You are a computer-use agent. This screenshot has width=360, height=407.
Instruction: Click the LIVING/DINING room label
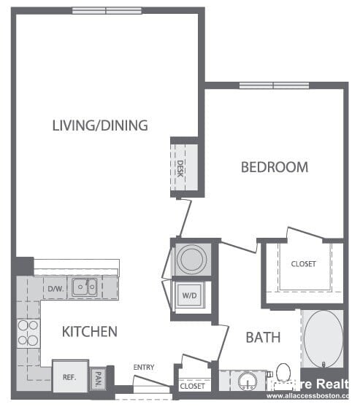pos(100,125)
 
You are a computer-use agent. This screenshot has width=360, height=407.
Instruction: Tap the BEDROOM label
pos(275,167)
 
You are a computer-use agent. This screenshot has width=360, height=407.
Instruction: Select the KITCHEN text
pos(89,332)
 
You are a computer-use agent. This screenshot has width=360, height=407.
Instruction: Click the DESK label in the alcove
pos(180,169)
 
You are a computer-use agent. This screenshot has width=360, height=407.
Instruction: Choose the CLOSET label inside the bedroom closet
pos(303,264)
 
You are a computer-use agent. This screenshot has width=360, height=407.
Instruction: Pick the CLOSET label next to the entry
pos(193,386)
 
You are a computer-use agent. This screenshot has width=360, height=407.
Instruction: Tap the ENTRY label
pos(144,367)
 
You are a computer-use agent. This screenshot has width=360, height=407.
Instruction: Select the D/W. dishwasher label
pos(55,289)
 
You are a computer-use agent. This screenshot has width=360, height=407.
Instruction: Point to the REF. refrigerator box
pos(69,377)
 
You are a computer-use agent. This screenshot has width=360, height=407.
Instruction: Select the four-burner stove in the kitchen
pos(28,333)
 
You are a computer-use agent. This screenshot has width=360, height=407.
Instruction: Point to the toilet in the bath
pos(283,373)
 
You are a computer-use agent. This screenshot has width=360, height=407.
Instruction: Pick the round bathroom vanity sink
pos(245,381)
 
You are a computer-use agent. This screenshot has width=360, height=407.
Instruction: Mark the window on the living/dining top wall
pos(107,10)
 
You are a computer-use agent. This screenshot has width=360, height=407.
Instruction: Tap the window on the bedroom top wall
pos(274,85)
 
